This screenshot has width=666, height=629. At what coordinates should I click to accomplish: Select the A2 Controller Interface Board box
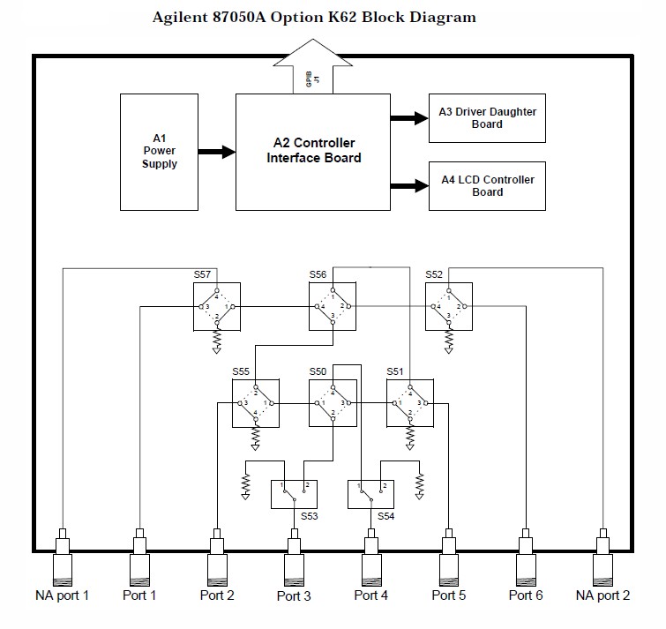pyautogui.click(x=313, y=151)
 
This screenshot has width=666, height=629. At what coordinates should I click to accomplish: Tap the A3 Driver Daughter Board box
pyautogui.click(x=487, y=117)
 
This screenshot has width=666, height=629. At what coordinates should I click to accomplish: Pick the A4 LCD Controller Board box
pyautogui.click(x=487, y=185)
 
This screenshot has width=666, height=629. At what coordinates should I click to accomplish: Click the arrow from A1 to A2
pyautogui.click(x=216, y=152)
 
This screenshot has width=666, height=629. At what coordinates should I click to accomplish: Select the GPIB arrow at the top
pyautogui.click(x=313, y=74)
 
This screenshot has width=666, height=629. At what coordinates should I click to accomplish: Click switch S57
pyautogui.click(x=216, y=306)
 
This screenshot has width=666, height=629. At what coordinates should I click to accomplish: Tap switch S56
pyautogui.click(x=333, y=306)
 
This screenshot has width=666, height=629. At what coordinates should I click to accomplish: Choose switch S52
pyautogui.click(x=448, y=306)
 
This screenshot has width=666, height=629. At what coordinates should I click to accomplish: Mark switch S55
pyautogui.click(x=255, y=403)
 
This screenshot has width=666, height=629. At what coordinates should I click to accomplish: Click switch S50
pyautogui.click(x=333, y=403)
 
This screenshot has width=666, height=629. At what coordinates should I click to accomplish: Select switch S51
pyautogui.click(x=409, y=403)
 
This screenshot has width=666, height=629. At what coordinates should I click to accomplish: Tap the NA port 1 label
pyautogui.click(x=62, y=595)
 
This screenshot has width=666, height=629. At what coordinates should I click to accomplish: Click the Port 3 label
pyautogui.click(x=294, y=596)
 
